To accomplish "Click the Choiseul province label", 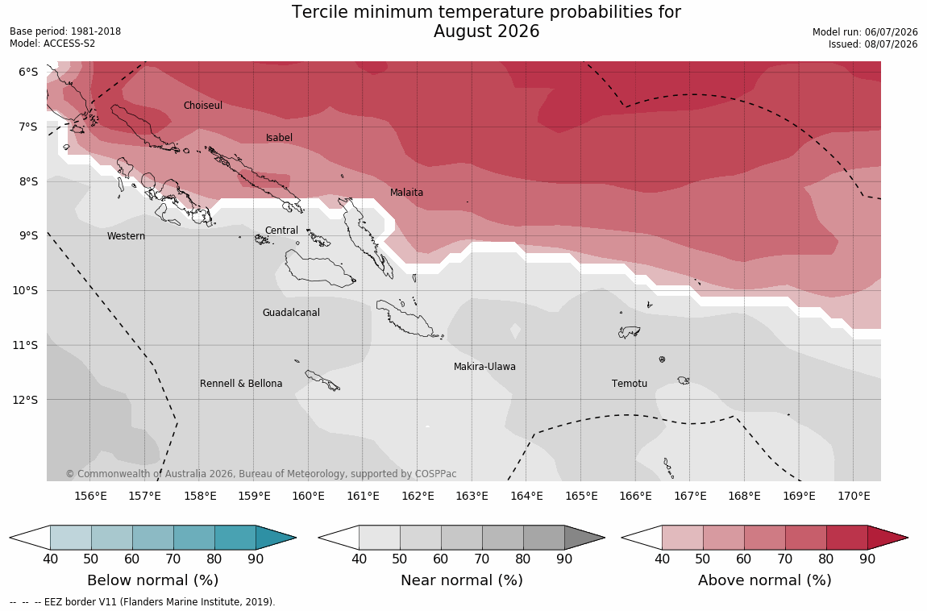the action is [203, 105].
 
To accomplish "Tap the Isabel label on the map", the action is [279, 138].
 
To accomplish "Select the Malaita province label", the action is [407, 192].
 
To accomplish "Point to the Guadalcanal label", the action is [291, 312].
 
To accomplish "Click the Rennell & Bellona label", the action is [241, 384].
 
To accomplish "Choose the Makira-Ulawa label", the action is [484, 367].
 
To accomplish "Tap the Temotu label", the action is [629, 384].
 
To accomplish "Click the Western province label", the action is [126, 235].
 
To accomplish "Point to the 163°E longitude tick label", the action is [472, 496].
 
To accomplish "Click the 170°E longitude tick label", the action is [853, 496].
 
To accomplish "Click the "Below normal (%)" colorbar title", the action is [152, 580].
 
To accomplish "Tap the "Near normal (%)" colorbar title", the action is [462, 580].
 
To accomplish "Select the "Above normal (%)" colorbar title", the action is [764, 580].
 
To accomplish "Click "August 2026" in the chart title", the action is [487, 31].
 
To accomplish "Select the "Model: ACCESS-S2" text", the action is [52, 44].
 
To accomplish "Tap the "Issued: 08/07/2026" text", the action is [873, 44].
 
